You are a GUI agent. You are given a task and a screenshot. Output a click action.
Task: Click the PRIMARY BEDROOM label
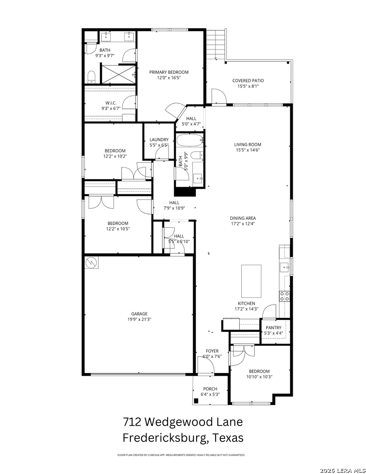coord(169,72)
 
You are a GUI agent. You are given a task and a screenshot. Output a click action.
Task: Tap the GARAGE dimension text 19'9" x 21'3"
coord(139,319)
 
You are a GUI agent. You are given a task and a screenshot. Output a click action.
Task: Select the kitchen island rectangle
coord(251,281)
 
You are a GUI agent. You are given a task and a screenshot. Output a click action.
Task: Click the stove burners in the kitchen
coord(284,296)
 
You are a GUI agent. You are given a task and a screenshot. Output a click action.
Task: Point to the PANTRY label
coord(273,327)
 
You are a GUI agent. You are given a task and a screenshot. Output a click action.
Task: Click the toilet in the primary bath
coord(91,77)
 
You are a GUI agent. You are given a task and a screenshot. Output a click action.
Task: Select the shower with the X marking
coord(118,73)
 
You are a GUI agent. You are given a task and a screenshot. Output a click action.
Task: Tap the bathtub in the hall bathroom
coord(190,140)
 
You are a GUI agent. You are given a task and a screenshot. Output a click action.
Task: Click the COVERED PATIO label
coord(248,80)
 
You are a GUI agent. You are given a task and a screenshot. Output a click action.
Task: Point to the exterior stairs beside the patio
coord(216,44)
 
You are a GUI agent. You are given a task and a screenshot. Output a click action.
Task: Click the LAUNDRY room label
coord(159,140)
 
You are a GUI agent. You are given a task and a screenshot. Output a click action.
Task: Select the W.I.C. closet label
coord(111,103)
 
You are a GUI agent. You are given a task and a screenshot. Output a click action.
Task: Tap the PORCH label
coord(210,389)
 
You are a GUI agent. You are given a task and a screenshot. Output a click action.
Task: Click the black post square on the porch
coord(196,401)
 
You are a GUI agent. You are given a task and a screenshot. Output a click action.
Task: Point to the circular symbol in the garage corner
coord(91,263)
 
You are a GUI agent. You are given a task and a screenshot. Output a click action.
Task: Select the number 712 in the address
coord(132,421)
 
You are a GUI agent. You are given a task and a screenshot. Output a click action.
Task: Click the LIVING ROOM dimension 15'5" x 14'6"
coord(248,150)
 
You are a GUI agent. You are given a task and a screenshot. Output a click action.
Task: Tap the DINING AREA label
coord(243,218)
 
